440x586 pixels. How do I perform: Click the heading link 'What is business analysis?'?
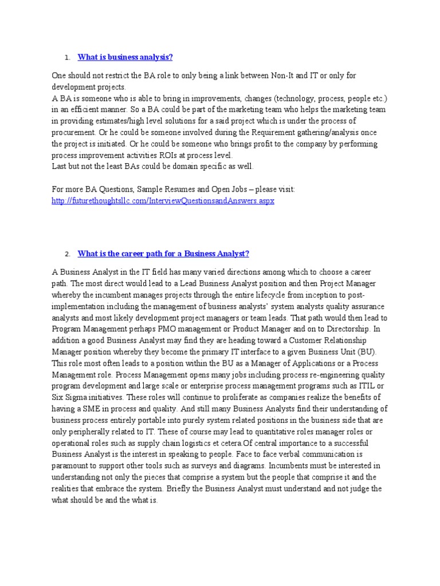coord(125,57)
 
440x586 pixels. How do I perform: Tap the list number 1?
coord(66,57)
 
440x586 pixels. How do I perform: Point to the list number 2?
coord(67,254)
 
